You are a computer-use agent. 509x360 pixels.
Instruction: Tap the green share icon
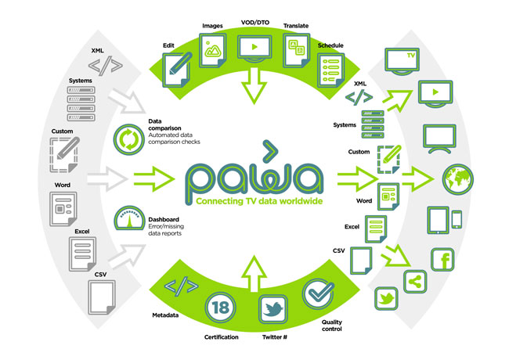414,280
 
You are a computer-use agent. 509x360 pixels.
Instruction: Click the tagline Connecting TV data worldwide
254,200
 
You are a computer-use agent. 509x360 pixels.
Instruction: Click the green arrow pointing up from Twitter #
254,267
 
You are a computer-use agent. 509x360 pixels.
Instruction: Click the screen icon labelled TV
403,59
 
